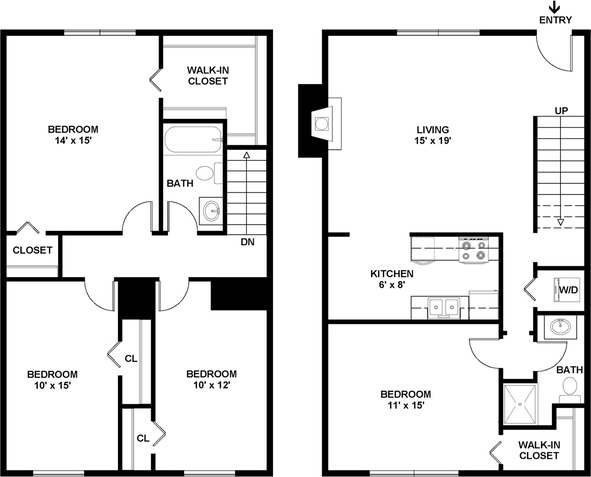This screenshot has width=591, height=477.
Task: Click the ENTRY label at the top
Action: pos(555,20)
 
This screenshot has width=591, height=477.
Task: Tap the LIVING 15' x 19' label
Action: pos(433,135)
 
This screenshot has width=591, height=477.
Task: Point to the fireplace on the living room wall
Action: pos(320,122)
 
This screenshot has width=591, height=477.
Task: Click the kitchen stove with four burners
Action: pos(473,250)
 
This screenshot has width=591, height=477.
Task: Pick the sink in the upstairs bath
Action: pos(211,211)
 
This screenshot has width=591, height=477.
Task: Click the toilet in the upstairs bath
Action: pos(207,173)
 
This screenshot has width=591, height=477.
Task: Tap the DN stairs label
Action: pos(247,242)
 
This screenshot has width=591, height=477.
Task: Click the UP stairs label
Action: pos(562,111)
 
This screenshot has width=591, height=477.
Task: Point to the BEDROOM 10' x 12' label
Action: pos(212,379)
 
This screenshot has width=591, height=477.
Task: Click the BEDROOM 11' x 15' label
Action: pos(405,400)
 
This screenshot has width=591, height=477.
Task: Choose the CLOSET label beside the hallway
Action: pos(32,250)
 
